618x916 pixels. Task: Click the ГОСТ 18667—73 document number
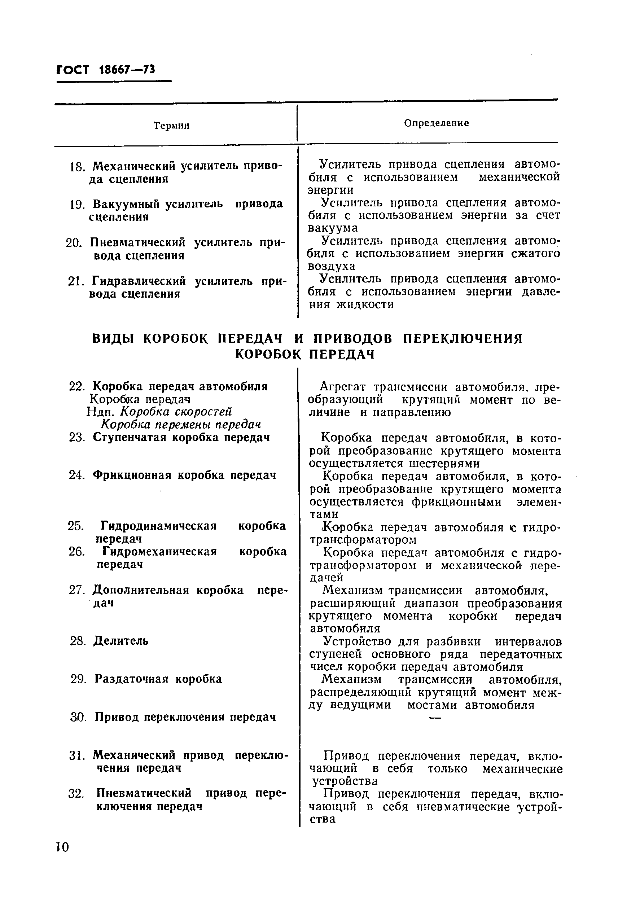106,70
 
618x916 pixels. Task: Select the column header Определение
436,123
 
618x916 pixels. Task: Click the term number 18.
77,167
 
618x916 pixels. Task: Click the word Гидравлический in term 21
139,281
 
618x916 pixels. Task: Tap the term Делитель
120,641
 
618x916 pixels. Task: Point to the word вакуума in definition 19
333,228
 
